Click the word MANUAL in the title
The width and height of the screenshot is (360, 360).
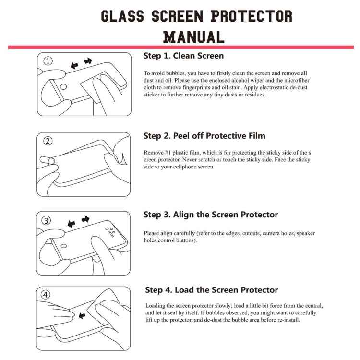pyautogui.click(x=194, y=36)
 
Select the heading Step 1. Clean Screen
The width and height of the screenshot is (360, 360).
pyautogui.click(x=183, y=56)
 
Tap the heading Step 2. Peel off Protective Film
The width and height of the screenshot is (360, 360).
pyautogui.click(x=204, y=136)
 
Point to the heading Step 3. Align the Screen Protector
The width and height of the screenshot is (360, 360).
pyautogui.click(x=211, y=215)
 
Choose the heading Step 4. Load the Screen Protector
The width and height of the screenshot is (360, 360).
pyautogui.click(x=212, y=290)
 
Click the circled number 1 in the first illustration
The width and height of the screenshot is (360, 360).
pyautogui.click(x=48, y=61)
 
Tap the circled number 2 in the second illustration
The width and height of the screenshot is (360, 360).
pyautogui.click(x=48, y=141)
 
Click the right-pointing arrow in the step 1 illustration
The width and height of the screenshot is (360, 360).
pyautogui.click(x=88, y=61)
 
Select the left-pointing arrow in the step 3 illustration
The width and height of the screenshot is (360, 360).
pyautogui.click(x=72, y=223)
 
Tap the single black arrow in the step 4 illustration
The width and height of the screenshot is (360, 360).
pyautogui.click(x=82, y=315)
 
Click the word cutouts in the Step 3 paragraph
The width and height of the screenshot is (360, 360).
pyautogui.click(x=250, y=233)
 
